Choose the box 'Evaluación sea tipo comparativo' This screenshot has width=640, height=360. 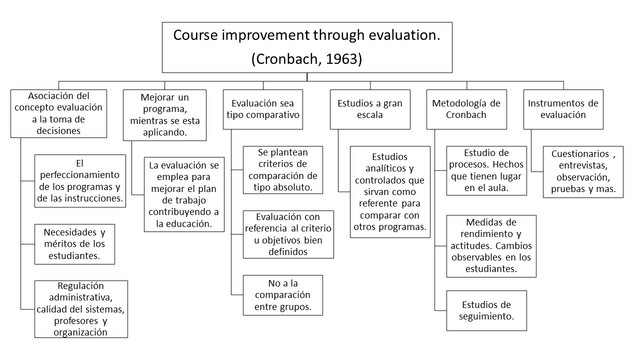coord(265,110)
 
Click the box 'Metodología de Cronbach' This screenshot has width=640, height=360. coord(469,110)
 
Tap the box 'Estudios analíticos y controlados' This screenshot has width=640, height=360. coord(389,193)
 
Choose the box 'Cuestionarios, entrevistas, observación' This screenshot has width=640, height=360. coord(586,171)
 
